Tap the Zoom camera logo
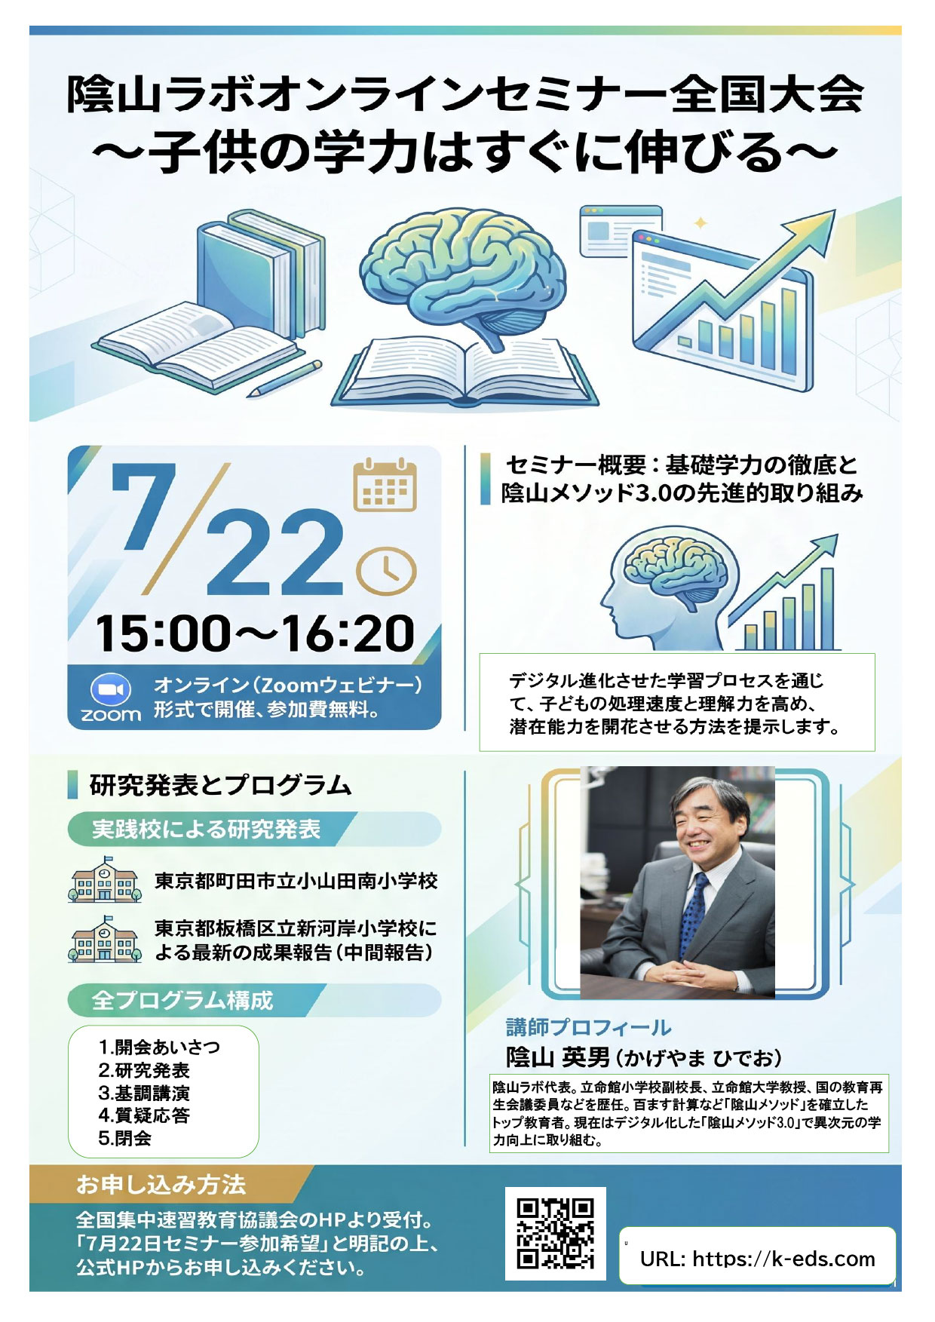tap(111, 689)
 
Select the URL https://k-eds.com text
tap(757, 1259)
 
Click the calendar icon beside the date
tap(385, 485)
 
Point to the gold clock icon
tap(385, 572)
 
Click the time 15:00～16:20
tap(255, 633)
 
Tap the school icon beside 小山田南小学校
tap(104, 879)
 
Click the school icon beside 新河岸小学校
tap(104, 939)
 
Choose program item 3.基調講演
tap(144, 1093)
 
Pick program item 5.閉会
tap(125, 1138)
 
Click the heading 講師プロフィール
tap(588, 1027)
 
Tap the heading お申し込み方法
tap(161, 1185)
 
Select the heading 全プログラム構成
tap(182, 1001)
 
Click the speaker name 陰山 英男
tap(557, 1058)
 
